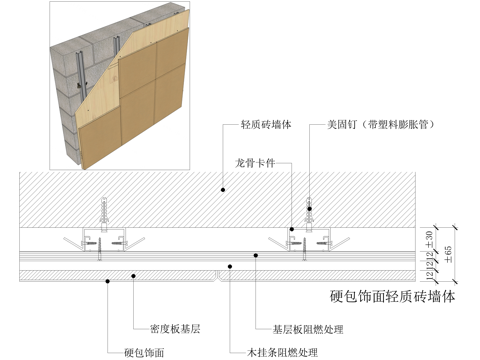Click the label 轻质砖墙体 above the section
pos(266,126)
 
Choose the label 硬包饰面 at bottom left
pos(144,352)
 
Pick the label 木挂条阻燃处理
pos(283,352)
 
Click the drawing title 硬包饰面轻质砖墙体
pos(391,296)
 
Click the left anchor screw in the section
pos(100,214)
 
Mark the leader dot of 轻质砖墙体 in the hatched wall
pos(223,186)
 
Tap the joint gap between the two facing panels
pos(219,272)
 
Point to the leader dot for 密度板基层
pos(134,272)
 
